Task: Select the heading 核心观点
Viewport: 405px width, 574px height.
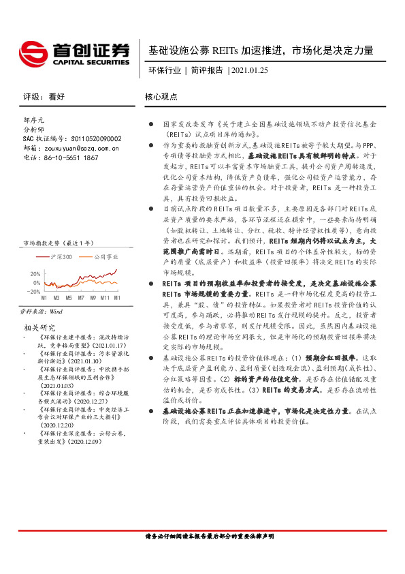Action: tap(161, 97)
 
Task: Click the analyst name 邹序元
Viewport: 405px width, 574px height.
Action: tap(34, 119)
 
